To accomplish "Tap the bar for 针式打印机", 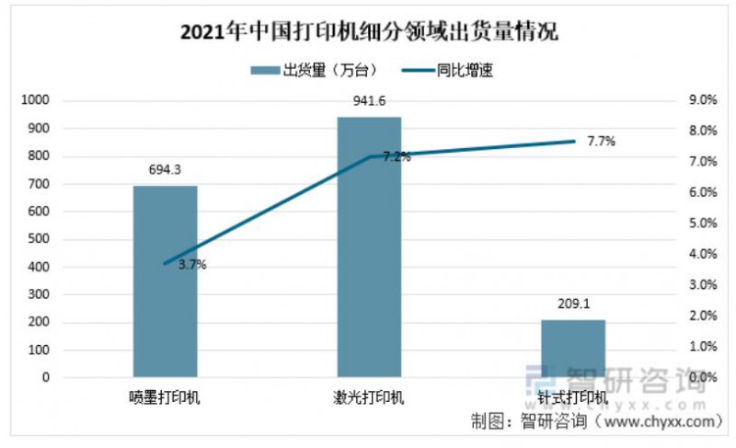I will click(572, 349).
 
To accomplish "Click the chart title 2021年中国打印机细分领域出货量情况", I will click(369, 34).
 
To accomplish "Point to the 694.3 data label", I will click(166, 169).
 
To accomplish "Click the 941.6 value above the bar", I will click(369, 100).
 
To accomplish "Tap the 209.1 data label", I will click(572, 304).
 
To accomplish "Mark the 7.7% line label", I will click(600, 142).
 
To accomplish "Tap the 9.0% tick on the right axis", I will click(702, 100).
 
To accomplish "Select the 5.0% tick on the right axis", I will click(702, 224).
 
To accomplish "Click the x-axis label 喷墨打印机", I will click(166, 398).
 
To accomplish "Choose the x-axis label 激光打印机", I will click(369, 398).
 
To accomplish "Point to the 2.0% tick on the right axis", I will click(702, 316).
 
